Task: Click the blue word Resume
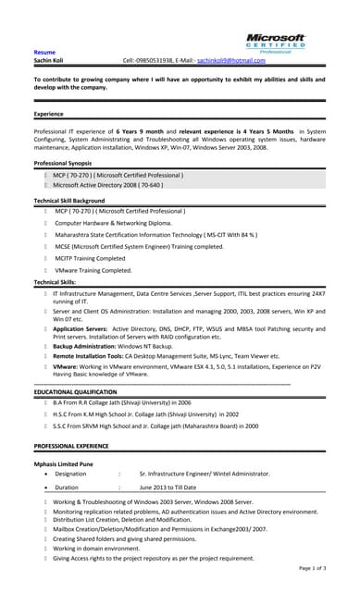[x=44, y=52]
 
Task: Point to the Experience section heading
[x=49, y=114]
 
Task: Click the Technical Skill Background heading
[x=69, y=201]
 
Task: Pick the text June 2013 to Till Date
[x=176, y=486]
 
